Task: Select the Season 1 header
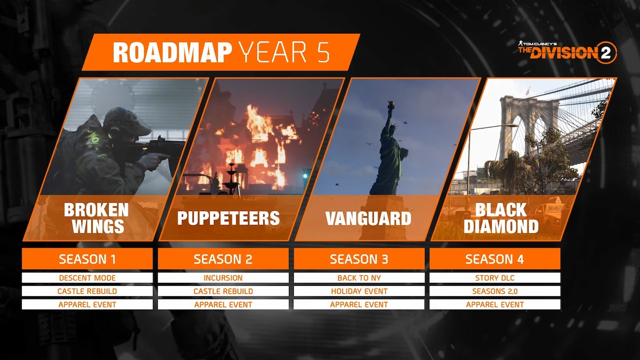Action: pyautogui.click(x=87, y=259)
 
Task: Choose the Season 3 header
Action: pyautogui.click(x=359, y=259)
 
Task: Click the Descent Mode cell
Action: pyautogui.click(x=87, y=278)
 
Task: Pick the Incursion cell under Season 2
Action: pyautogui.click(x=223, y=278)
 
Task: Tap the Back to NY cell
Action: pyautogui.click(x=359, y=278)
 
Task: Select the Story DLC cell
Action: pyautogui.click(x=495, y=278)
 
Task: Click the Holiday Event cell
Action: pyautogui.click(x=359, y=291)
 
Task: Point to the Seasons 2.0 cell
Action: pyautogui.click(x=495, y=291)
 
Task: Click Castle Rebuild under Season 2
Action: pyautogui.click(x=223, y=291)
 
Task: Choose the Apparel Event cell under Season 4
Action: pyautogui.click(x=495, y=305)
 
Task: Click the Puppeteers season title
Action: pyautogui.click(x=229, y=218)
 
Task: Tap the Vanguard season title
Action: pyautogui.click(x=369, y=218)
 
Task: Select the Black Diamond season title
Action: pyautogui.click(x=501, y=218)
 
